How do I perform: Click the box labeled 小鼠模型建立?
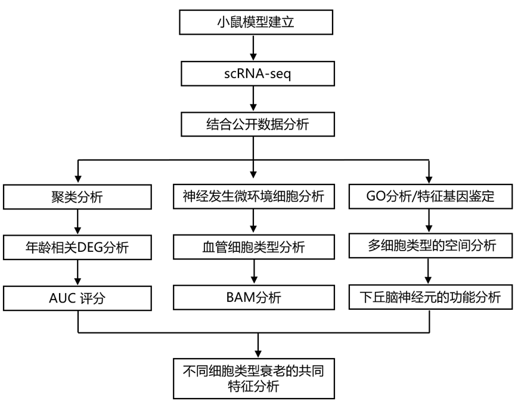pos(255,23)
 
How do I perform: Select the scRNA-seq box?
pos(255,74)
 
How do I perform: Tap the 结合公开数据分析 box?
pos(255,125)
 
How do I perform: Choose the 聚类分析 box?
pos(78,196)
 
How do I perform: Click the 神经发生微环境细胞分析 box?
pos(254,196)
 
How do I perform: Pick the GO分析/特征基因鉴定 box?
pos(430,196)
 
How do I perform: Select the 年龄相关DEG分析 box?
pos(78,247)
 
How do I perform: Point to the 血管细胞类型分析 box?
pos(254,247)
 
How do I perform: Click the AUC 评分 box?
pos(78,298)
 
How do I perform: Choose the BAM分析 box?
pos(254,298)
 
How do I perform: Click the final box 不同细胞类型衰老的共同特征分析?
pos(255,378)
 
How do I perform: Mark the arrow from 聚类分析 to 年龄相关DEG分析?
pos(78,221)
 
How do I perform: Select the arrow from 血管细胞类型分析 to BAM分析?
pos(254,272)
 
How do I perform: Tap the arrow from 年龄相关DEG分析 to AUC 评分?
pos(78,272)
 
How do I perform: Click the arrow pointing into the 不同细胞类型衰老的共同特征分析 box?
pos(257,345)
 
